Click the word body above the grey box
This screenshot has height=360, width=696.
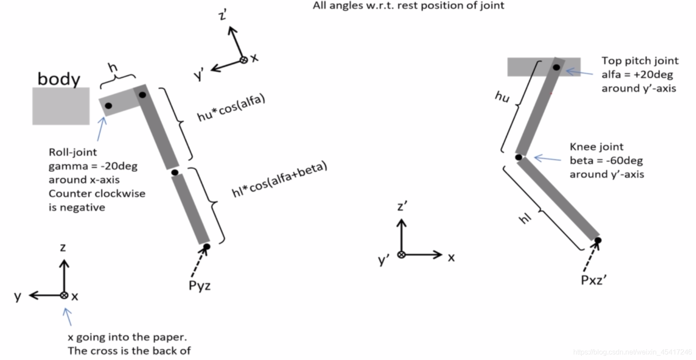(x=59, y=79)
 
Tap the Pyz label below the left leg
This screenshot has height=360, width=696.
(x=200, y=286)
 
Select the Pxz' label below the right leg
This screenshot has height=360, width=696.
(x=593, y=280)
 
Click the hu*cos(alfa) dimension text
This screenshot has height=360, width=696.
(x=231, y=108)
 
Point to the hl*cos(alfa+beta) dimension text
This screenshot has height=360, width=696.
(x=280, y=180)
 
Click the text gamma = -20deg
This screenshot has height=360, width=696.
(x=93, y=166)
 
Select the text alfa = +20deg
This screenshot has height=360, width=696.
(x=637, y=74)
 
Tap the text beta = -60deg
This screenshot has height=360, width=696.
(x=606, y=160)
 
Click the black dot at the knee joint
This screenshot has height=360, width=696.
(x=519, y=157)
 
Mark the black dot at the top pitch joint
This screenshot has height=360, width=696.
(x=556, y=67)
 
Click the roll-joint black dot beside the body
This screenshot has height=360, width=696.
(x=108, y=106)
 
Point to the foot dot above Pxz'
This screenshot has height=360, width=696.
(x=598, y=240)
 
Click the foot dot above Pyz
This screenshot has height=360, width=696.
(x=207, y=247)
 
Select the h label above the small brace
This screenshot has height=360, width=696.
(x=113, y=67)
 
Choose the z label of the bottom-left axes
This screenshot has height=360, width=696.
(x=63, y=247)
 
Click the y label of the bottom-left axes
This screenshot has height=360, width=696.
(x=17, y=296)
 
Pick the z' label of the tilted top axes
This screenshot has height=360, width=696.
(x=223, y=15)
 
